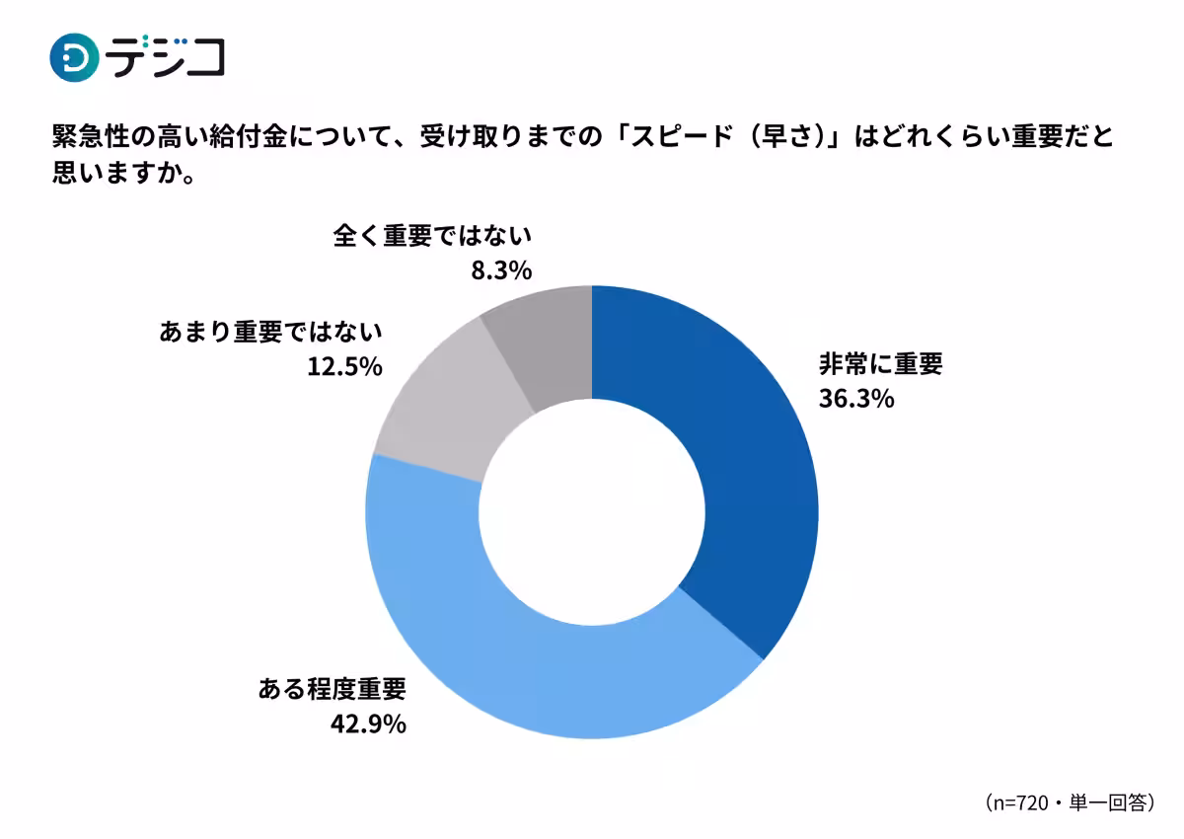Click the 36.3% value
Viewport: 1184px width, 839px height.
855,399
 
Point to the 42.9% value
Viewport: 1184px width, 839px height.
368,724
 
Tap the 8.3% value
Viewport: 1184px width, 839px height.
500,269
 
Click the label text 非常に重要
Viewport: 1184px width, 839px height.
880,364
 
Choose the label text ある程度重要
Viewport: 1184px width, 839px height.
332,689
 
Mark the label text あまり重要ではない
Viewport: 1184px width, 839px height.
269,333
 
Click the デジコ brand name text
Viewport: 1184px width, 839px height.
166,57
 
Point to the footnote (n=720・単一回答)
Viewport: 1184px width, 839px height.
1069,801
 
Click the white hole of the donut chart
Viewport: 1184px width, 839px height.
592,511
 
